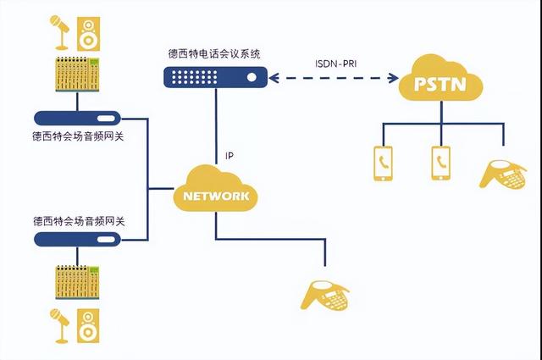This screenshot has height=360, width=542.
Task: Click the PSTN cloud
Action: coord(445,81)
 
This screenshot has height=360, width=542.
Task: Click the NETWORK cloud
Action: coord(215,194)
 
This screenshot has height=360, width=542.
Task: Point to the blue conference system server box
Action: coord(215,77)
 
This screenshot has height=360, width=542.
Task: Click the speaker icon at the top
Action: coord(89,32)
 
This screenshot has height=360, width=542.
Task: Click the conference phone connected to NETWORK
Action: coord(327,293)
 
